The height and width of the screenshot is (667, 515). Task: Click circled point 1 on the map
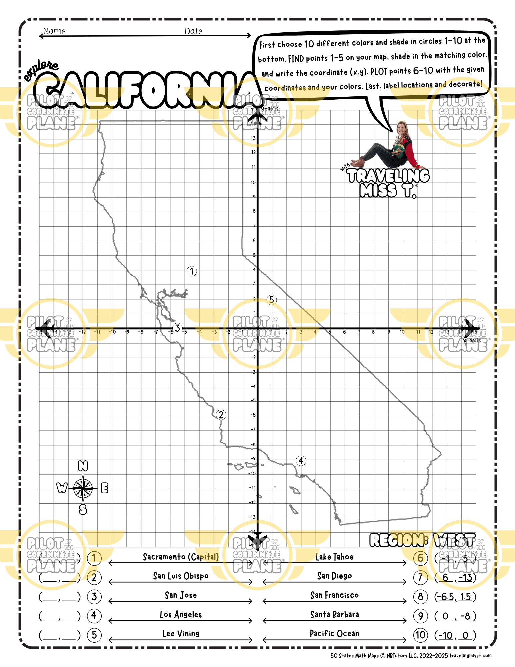coord(192,271)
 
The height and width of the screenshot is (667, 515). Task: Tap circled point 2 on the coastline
coord(221,415)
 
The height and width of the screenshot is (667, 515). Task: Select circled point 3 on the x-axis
coord(177,328)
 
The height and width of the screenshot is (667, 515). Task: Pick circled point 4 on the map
coord(301,461)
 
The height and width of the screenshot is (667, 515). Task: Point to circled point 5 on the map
coord(272,300)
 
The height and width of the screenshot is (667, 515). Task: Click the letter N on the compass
coord(83,466)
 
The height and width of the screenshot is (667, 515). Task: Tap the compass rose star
coord(83,488)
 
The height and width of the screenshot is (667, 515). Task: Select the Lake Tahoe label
coord(334,557)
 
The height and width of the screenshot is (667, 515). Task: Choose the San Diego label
coord(334,576)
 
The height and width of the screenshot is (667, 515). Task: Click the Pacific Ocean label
coord(334,634)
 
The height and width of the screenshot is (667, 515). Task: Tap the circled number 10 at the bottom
coord(420,635)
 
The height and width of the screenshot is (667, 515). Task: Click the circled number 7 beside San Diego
coord(420,577)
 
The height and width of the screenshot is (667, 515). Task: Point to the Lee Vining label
coord(181,634)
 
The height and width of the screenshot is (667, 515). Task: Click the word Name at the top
coord(54,31)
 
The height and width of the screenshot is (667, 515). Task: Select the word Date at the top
coord(193,31)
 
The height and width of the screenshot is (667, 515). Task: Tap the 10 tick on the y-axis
coord(253,183)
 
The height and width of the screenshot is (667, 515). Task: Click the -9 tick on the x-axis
coord(127,332)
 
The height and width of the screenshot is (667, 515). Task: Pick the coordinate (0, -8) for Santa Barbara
coord(455,616)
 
